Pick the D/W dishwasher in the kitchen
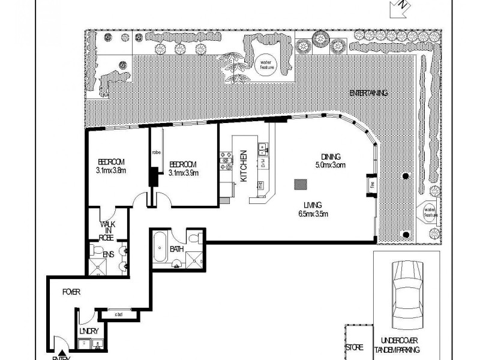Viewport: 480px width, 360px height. coord(263,163)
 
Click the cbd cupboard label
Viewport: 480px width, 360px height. coord(119,313)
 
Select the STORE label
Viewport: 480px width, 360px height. coord(355,347)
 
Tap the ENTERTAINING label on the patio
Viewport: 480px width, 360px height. coord(368,93)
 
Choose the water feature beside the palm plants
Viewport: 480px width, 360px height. coord(265,64)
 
